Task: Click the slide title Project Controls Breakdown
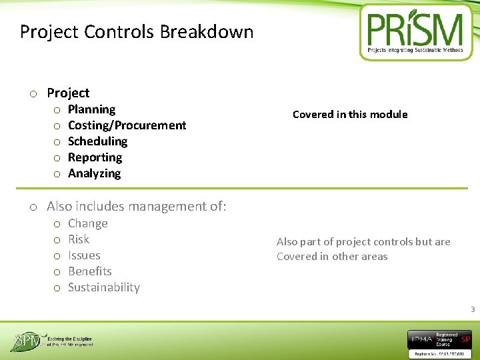click(x=137, y=31)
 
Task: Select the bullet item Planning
click(x=91, y=109)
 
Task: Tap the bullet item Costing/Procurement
click(x=127, y=125)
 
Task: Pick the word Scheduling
click(x=97, y=141)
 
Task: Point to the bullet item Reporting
click(x=95, y=157)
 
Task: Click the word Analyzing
click(x=94, y=173)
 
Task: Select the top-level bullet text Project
click(x=68, y=93)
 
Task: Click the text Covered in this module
click(x=350, y=115)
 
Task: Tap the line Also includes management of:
click(x=136, y=207)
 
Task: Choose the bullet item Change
click(x=87, y=223)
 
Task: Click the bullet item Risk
click(x=79, y=239)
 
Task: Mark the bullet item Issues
click(x=84, y=255)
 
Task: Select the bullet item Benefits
click(x=89, y=271)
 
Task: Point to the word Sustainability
click(x=104, y=287)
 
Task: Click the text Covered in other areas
click(x=332, y=257)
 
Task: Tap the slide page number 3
click(x=473, y=309)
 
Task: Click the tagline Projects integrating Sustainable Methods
click(x=415, y=50)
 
